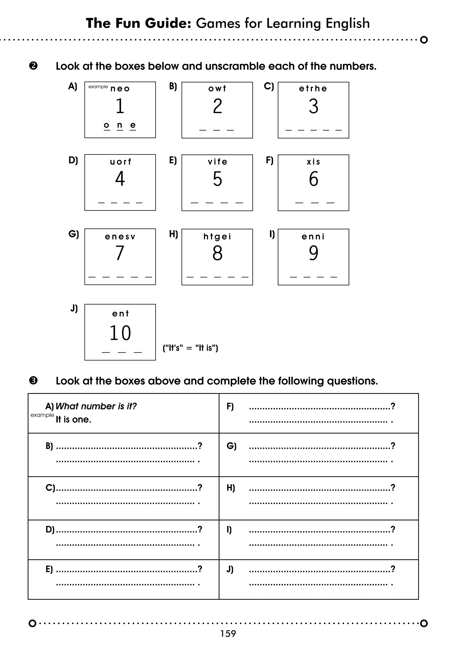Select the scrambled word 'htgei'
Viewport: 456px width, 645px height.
217,237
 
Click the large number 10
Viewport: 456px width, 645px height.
120,333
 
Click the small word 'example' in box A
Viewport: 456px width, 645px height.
98,87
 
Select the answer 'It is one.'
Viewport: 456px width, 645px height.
73,419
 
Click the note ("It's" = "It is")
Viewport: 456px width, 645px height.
190,348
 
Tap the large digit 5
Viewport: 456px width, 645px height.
217,179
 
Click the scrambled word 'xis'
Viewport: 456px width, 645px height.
313,162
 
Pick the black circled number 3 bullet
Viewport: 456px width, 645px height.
33,381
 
